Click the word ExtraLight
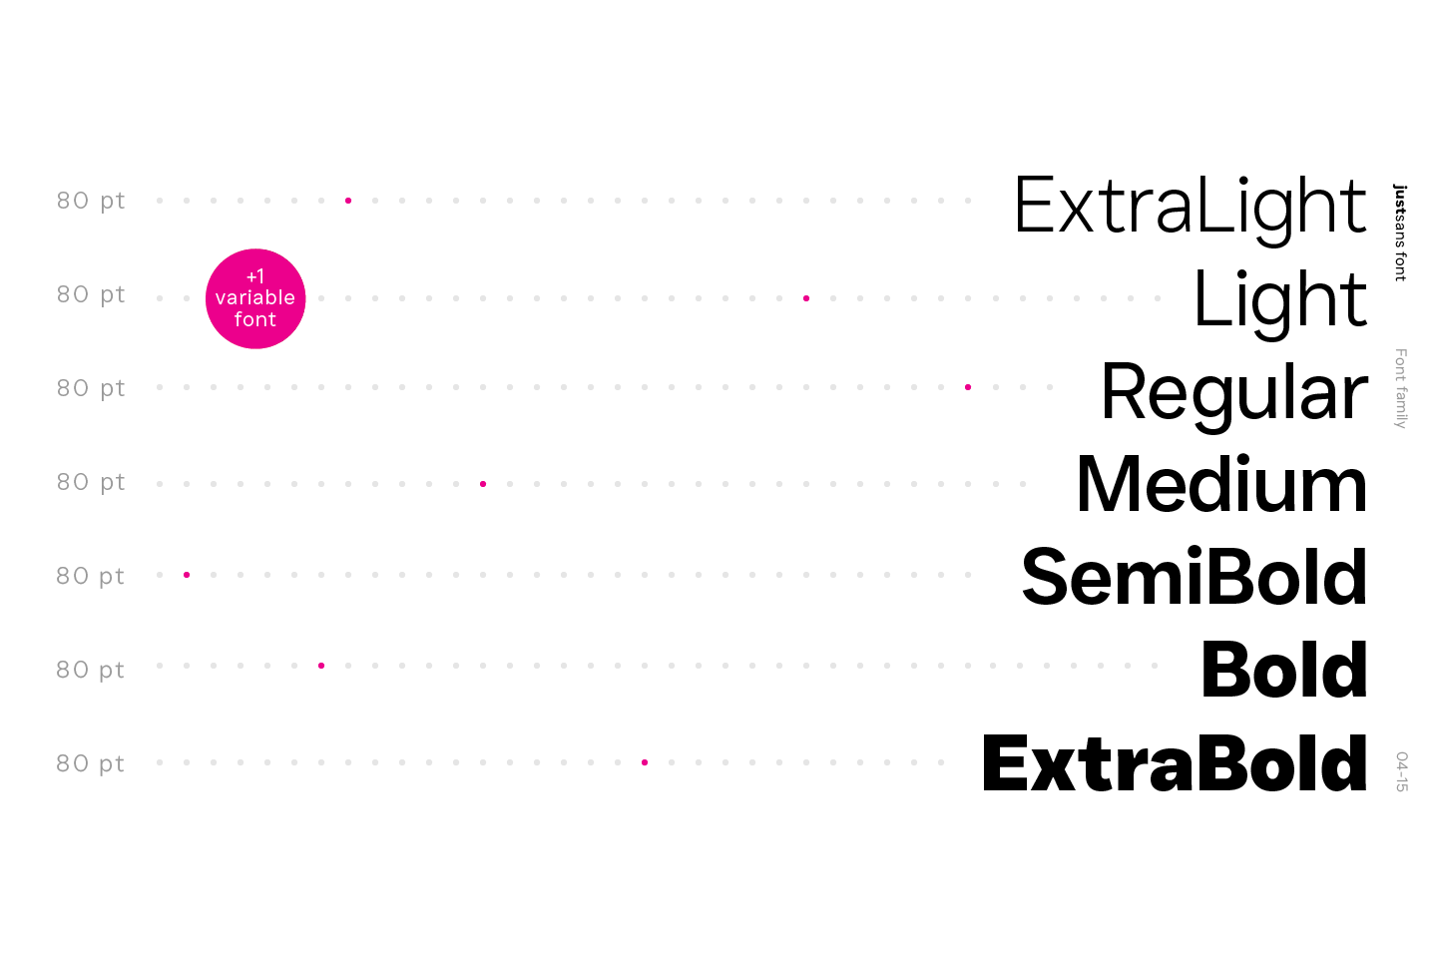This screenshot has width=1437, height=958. point(1190,207)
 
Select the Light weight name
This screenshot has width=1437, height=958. point(1280,298)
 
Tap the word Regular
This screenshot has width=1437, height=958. point(1233,392)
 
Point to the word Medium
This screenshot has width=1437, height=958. point(1221,485)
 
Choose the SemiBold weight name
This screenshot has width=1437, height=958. point(1194,578)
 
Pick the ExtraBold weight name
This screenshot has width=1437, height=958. point(1175,764)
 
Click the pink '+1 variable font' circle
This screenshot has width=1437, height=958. point(255,298)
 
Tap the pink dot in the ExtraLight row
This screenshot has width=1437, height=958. point(348,201)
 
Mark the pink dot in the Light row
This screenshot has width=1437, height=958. point(806,298)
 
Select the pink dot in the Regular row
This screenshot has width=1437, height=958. point(968,387)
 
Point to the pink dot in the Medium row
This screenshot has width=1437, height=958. point(483,484)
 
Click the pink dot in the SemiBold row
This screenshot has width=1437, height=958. point(187,575)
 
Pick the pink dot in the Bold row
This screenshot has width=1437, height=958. point(321,666)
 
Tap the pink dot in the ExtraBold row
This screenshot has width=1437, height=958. point(645,762)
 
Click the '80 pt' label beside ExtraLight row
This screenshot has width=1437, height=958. point(91,201)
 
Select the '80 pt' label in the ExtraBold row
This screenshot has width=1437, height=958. point(91,763)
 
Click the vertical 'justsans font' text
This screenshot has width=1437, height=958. point(1400,233)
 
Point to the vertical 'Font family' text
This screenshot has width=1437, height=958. point(1400,388)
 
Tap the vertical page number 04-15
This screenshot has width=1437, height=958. point(1401,771)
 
